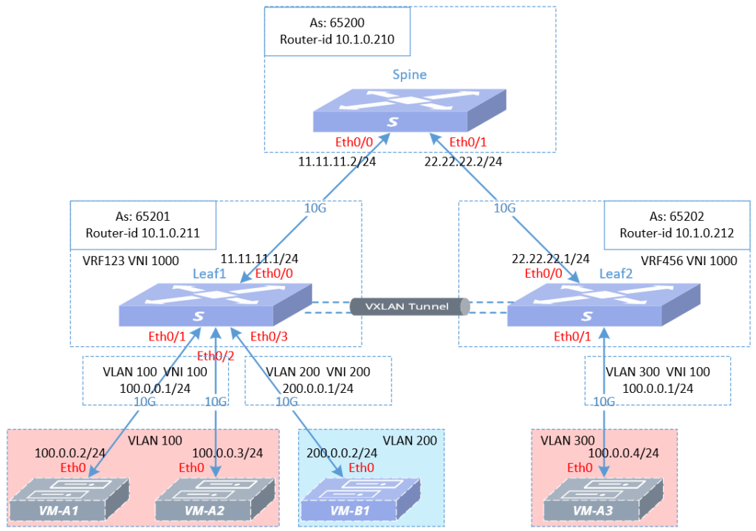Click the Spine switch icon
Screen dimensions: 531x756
[409, 111]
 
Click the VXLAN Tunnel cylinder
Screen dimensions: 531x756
[410, 306]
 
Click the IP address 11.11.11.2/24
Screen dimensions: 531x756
[337, 162]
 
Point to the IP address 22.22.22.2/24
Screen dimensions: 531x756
[463, 162]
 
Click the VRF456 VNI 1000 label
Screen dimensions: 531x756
[676, 261]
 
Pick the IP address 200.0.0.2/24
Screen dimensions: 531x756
[342, 453]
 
